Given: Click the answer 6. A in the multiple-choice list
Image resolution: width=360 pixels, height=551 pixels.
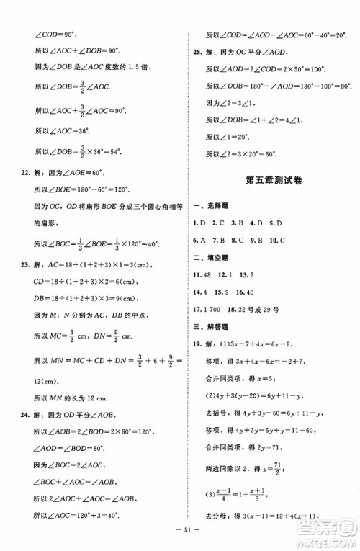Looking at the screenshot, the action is coord(199,240).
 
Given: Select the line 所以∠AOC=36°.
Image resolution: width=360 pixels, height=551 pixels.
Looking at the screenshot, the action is coord(61,131).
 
